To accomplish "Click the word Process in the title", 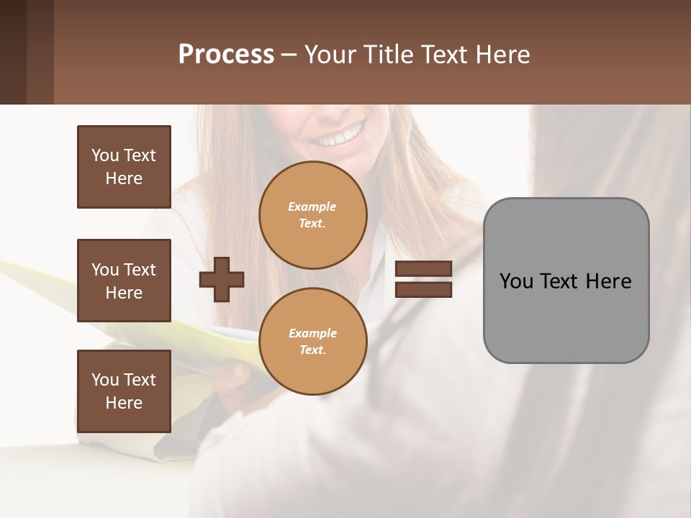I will pos(226,55).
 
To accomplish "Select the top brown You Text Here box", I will pos(124,167).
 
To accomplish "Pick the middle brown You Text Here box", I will pos(124,281).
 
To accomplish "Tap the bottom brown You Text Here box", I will pos(124,391).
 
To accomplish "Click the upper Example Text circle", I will pos(313,215).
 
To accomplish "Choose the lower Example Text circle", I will pos(313,342).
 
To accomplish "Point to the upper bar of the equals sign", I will pos(423,269).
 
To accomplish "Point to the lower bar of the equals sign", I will pos(423,290).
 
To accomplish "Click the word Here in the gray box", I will pos(608,281).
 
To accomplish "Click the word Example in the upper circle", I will pos(312,206).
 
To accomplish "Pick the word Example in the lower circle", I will pos(312,333).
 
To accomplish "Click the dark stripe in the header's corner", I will pos(13,52).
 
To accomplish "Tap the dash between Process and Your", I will pos(289,55).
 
